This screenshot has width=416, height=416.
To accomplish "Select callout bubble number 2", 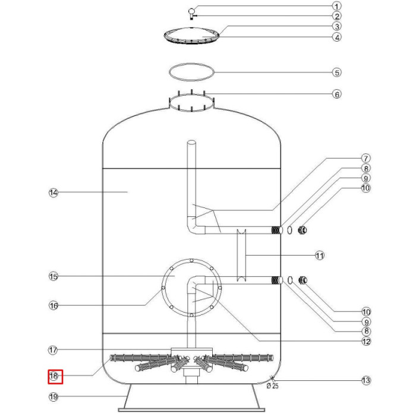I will coord(336,16).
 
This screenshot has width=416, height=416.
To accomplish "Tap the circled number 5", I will coord(336,73).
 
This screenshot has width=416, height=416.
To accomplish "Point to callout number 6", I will coord(336,94).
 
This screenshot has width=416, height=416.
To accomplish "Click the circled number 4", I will coord(336,37).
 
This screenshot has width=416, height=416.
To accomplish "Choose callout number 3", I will coord(336,26).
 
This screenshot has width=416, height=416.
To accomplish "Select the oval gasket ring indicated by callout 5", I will coord(191,72).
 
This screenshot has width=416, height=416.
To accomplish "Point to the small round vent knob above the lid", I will coord(191,11).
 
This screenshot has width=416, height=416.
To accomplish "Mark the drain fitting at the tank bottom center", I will coord(191,374).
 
